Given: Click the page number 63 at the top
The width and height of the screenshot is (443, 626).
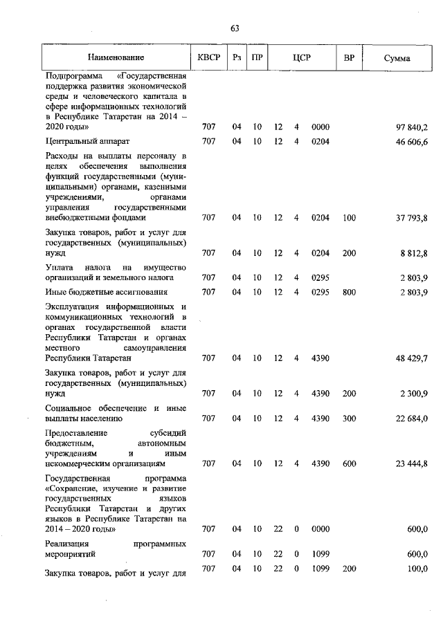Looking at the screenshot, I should pyautogui.click(x=235, y=28).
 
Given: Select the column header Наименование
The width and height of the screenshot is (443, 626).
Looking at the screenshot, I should pyautogui.click(x=116, y=58).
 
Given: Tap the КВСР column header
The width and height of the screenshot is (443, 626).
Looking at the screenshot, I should pyautogui.click(x=208, y=58).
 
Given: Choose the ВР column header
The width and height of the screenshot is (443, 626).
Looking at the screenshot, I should pyautogui.click(x=349, y=58).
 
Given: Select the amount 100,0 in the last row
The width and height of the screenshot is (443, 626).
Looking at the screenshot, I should pyautogui.click(x=417, y=568).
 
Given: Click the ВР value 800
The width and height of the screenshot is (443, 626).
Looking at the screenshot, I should pyautogui.click(x=349, y=292).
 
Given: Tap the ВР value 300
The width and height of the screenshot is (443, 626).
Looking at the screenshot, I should pyautogui.click(x=349, y=418).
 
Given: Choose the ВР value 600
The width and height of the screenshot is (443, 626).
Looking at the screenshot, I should pyautogui.click(x=349, y=464).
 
